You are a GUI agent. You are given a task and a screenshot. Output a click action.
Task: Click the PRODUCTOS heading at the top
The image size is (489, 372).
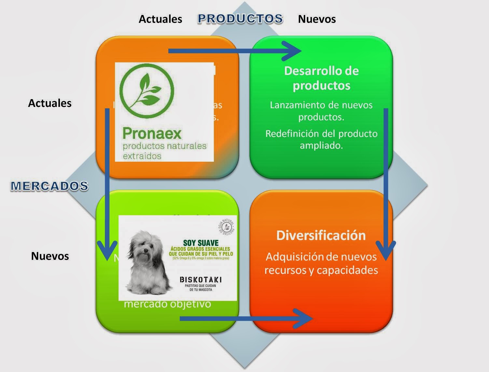(240, 19)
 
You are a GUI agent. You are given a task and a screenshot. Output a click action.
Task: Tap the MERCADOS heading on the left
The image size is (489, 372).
(49, 186)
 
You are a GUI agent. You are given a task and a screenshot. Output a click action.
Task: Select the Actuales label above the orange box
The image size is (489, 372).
(160, 19)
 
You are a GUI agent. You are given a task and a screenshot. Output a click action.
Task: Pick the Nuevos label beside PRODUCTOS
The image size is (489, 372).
(317, 19)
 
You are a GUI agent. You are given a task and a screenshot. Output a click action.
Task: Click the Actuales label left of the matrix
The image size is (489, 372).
(50, 103)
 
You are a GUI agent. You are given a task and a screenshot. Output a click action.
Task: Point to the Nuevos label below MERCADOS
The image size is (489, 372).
(50, 256)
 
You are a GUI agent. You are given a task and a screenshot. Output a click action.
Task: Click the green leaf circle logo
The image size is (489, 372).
(147, 90)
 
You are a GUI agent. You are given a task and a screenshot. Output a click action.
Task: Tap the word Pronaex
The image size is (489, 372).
(152, 133)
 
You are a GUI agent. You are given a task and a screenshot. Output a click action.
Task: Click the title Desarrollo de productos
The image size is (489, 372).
(321, 78)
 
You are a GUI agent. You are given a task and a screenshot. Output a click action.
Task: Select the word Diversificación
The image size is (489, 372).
(321, 235)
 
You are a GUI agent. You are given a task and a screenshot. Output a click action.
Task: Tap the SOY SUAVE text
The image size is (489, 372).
(201, 243)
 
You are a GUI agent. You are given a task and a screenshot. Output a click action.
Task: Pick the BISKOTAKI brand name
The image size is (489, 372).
(201, 280)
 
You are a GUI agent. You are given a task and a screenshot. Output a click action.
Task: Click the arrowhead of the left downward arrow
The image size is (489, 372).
(107, 251)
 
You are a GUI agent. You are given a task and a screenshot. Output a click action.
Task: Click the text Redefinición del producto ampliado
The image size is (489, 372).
(321, 139)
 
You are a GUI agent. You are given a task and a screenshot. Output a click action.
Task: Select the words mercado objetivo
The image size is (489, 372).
(167, 304)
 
